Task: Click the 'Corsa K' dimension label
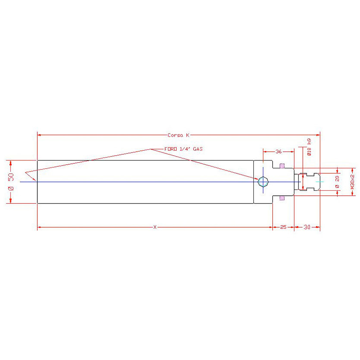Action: (178, 135)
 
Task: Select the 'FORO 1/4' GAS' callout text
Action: (184, 149)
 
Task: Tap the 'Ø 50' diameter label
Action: (11, 182)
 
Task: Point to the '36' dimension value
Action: (279, 152)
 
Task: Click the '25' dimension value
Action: (283, 227)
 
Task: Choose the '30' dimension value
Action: (307, 227)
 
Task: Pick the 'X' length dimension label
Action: (155, 227)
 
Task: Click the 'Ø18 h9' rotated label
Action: (309, 147)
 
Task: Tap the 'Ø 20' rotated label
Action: (337, 182)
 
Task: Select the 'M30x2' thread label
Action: (353, 182)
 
